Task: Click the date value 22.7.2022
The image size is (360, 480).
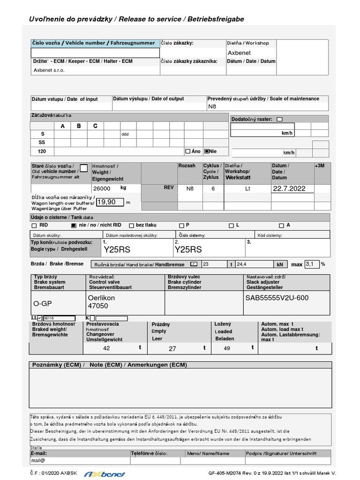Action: click(288, 188)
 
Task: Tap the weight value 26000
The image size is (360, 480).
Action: click(102, 188)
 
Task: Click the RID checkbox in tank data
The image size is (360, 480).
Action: click(34, 225)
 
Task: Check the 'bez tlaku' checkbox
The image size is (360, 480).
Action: click(132, 225)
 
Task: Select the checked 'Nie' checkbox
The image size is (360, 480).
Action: click(207, 151)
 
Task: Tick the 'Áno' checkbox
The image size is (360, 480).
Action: click(188, 151)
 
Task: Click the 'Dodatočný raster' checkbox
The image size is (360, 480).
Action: click(279, 120)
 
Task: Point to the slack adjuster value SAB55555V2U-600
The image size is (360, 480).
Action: click(277, 298)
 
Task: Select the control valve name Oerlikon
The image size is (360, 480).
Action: click(101, 298)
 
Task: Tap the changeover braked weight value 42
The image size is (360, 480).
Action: click(106, 348)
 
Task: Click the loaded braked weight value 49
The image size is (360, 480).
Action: click(227, 348)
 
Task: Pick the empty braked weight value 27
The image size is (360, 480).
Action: click(172, 348)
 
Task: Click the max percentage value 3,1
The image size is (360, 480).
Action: click(312, 264)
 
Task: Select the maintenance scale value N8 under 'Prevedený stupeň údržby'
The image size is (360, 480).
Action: click(212, 106)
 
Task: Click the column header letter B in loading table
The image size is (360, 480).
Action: click(79, 126)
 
